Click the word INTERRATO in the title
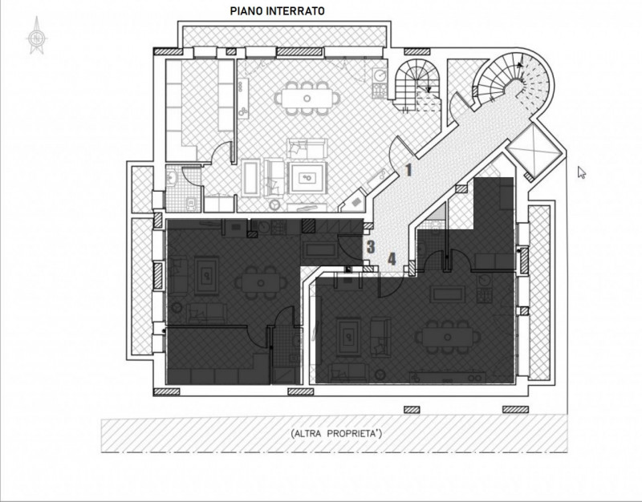295,11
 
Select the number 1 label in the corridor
408,170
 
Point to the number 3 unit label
371,247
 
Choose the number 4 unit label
392,259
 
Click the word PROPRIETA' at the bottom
355,434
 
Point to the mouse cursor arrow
581,172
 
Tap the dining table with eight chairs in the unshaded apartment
307,98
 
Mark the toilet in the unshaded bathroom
191,204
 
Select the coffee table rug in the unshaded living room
307,178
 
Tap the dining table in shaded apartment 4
448,337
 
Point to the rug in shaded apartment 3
207,275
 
